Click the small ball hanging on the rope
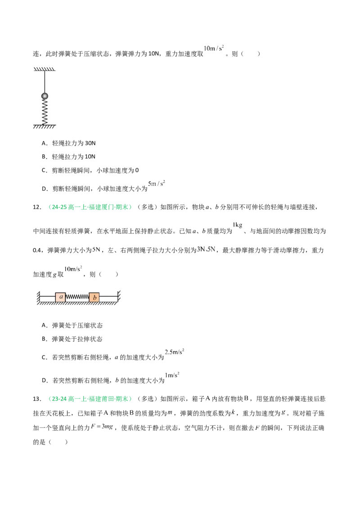[x=45, y=96]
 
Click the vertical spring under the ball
[x=45, y=112]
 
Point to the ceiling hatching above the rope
[x=45, y=69]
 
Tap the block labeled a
[x=60, y=297]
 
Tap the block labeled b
[x=94, y=297]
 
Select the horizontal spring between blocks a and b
[x=77, y=297]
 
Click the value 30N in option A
[x=90, y=143]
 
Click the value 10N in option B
[x=90, y=157]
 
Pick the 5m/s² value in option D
[x=157, y=183]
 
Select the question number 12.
[x=37, y=207]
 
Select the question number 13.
[x=37, y=399]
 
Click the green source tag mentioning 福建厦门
[x=90, y=207]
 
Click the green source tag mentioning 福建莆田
[x=90, y=399]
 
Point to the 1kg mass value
[x=238, y=225]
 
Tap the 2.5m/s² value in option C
[x=175, y=352]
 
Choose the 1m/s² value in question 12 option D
[x=172, y=375]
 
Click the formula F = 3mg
[x=102, y=427]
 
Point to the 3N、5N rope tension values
[x=206, y=249]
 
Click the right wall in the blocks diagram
[x=119, y=296]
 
